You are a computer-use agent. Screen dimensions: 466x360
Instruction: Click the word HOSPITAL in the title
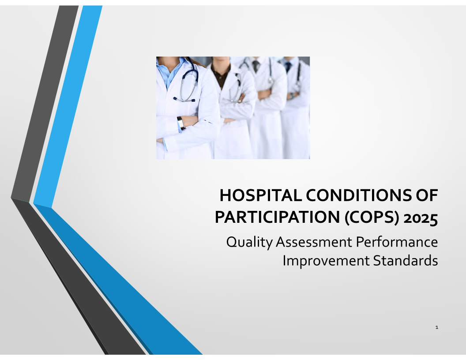click(x=261, y=195)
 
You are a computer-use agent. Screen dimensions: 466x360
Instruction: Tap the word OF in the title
click(x=427, y=195)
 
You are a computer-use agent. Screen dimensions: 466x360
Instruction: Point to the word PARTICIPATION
click(x=277, y=217)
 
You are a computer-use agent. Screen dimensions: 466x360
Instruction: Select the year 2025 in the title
click(x=421, y=218)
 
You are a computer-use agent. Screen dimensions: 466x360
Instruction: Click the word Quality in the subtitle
click(x=249, y=242)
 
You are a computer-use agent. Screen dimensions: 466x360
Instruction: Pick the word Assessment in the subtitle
click(x=314, y=242)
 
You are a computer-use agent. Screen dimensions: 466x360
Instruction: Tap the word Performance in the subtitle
click(x=397, y=242)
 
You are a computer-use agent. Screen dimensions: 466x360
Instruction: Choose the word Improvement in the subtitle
click(x=326, y=261)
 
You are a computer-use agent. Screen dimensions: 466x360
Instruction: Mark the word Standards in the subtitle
click(x=406, y=260)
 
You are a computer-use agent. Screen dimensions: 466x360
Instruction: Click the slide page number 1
click(x=436, y=327)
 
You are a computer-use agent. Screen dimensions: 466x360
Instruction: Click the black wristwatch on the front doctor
click(x=181, y=122)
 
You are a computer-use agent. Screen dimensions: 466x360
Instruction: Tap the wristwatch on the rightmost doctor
click(x=292, y=96)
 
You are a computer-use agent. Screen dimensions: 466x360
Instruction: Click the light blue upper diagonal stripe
click(x=68, y=106)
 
